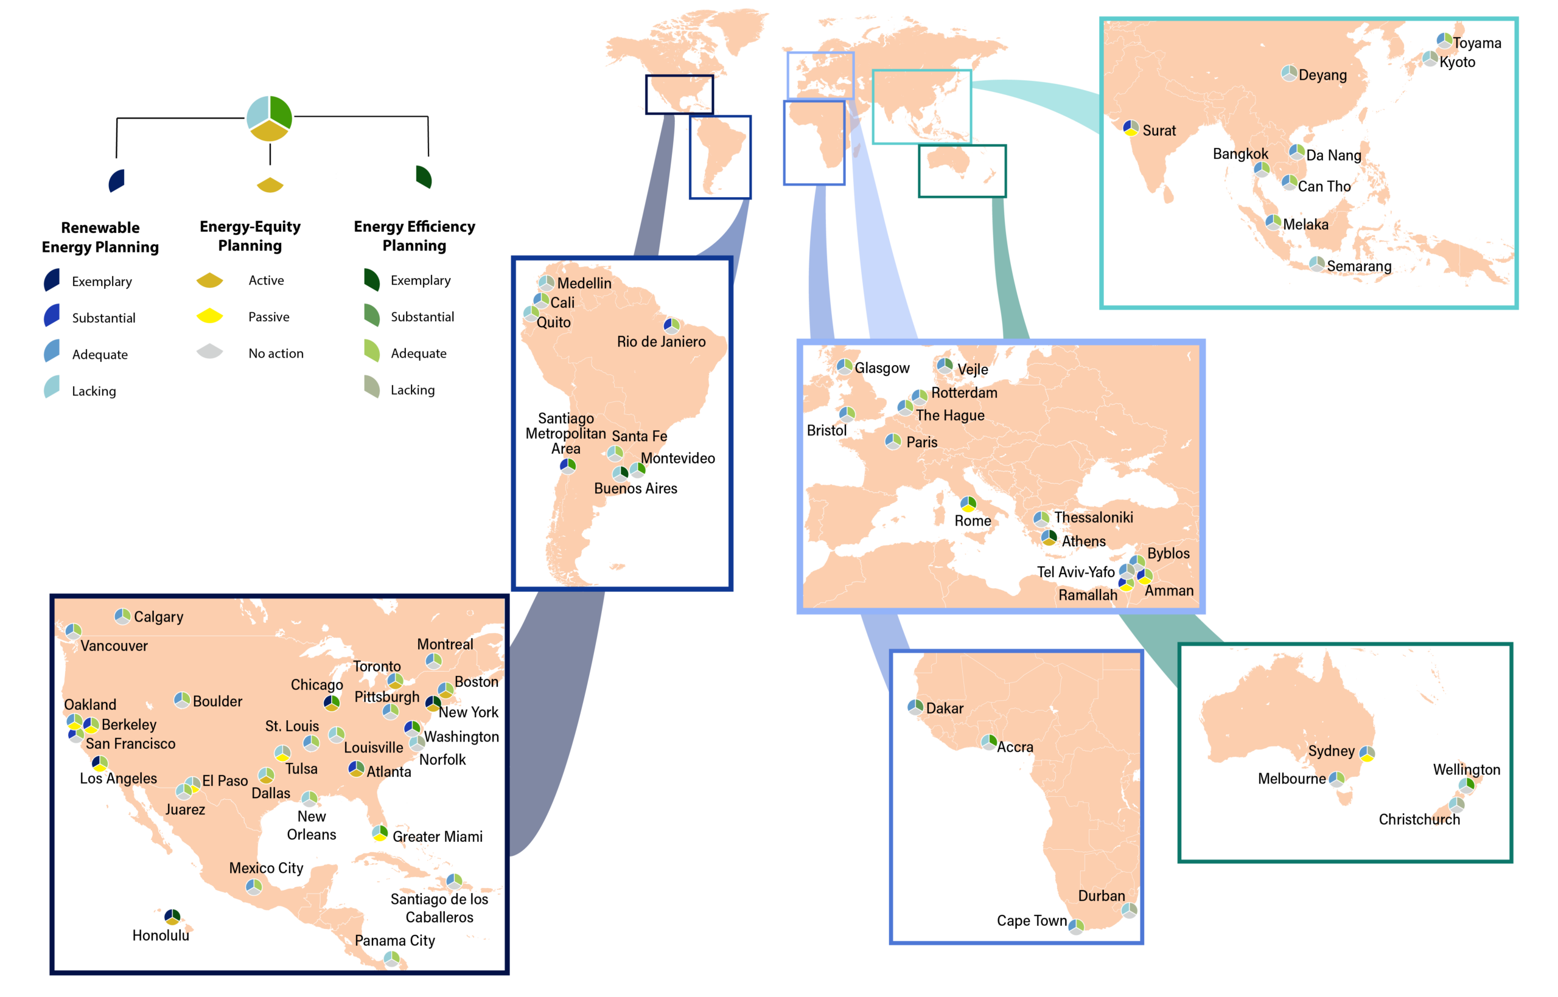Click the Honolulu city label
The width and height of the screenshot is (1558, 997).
pyautogui.click(x=161, y=935)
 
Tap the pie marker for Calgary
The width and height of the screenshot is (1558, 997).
pyautogui.click(x=122, y=616)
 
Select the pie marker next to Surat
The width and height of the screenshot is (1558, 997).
pyautogui.click(x=1131, y=128)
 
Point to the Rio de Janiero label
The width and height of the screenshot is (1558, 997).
pyautogui.click(x=661, y=341)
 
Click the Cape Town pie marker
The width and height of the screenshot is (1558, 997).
pyautogui.click(x=1075, y=926)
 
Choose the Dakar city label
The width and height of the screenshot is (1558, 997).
pyautogui.click(x=945, y=708)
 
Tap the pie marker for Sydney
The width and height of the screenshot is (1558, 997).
pyautogui.click(x=1367, y=754)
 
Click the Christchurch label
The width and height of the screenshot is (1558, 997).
pyautogui.click(x=1419, y=819)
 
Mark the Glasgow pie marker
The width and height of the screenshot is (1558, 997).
pyautogui.click(x=844, y=367)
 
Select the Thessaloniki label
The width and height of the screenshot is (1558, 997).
pyautogui.click(x=1093, y=517)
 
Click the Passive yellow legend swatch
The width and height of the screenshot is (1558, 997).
pyautogui.click(x=209, y=316)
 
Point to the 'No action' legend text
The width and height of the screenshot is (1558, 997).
pyautogui.click(x=276, y=353)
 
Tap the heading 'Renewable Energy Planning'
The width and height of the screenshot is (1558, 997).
pyautogui.click(x=100, y=237)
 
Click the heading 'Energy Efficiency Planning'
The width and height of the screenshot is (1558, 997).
pyautogui.click(x=414, y=235)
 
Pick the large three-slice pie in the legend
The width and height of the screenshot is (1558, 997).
pyautogui.click(x=270, y=119)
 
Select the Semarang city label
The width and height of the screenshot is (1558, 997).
pyautogui.click(x=1358, y=266)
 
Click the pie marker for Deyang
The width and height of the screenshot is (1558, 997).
pyautogui.click(x=1288, y=73)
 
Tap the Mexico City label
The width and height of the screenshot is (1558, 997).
pyautogui.click(x=266, y=868)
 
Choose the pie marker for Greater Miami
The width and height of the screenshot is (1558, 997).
pyautogui.click(x=380, y=833)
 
